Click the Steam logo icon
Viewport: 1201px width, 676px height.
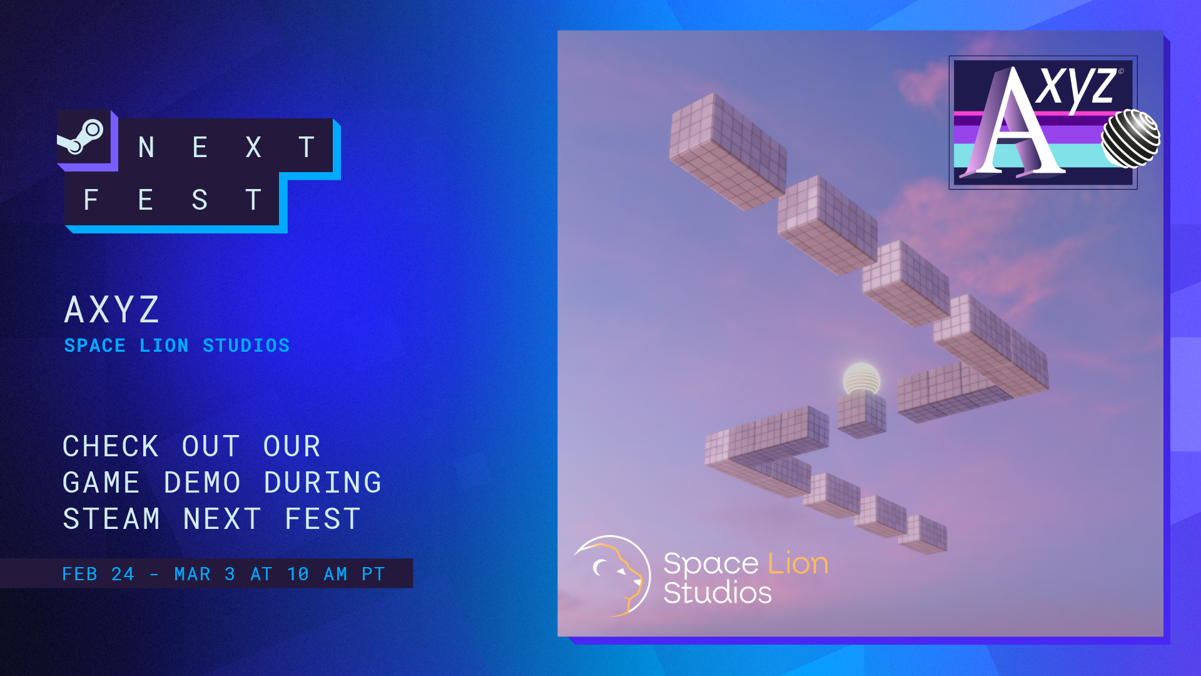(81, 136)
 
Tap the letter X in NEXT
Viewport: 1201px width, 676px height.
(253, 148)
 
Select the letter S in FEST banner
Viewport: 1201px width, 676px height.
(200, 200)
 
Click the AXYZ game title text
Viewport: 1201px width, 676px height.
(113, 309)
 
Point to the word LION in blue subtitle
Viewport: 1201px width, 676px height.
(164, 346)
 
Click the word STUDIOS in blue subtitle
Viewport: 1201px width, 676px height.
(246, 346)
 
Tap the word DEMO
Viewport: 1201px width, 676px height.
(203, 483)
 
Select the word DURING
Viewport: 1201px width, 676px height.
(323, 483)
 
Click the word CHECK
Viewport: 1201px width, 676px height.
(111, 446)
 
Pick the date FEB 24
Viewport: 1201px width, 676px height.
(98, 574)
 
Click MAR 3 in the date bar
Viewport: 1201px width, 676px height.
(205, 574)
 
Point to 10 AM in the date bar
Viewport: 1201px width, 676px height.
(317, 574)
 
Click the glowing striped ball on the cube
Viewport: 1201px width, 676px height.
(861, 379)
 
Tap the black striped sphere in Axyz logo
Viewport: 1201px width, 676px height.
(1130, 138)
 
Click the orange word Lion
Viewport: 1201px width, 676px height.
(798, 563)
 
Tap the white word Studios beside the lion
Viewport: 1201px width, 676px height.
(717, 592)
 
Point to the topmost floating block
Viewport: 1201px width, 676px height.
(727, 151)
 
